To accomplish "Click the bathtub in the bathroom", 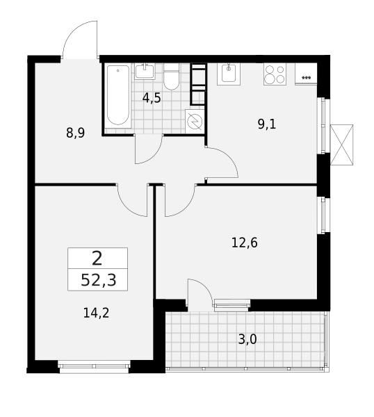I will [118, 96].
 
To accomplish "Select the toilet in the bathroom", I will [171, 76].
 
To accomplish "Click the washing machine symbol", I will [195, 121].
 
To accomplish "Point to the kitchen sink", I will [229, 73].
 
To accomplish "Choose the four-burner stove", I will [275, 74].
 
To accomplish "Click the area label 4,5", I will [152, 98].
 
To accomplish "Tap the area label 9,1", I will [267, 124].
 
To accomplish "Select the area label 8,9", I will [76, 133].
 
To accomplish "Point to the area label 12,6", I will [244, 243].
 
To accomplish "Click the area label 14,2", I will [96, 313].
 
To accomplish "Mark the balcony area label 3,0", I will [247, 339].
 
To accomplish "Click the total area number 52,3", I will [98, 280].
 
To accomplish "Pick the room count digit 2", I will [97, 259].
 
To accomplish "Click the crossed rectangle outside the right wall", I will [342, 145].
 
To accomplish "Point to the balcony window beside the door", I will [232, 304].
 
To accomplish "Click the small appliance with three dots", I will [306, 74].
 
